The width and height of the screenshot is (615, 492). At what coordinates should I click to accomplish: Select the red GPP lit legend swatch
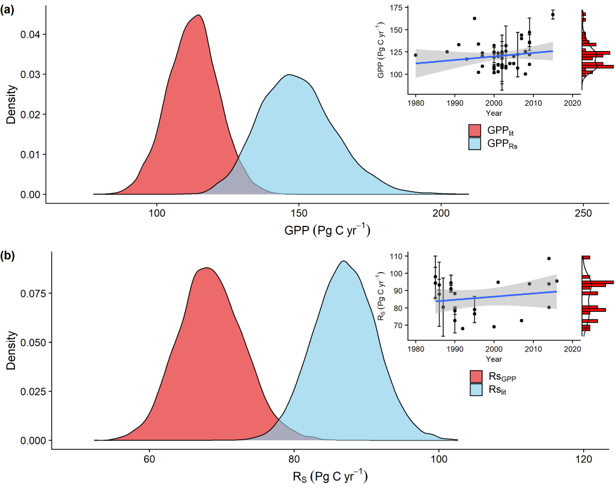(476, 130)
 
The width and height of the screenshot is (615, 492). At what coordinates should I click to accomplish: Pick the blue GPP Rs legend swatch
(476, 143)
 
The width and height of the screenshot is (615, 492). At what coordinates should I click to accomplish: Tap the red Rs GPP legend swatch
(476, 377)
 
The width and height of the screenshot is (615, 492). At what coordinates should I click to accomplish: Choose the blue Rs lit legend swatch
(476, 389)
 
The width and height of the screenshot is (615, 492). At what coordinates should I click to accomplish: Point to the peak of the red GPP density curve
(198, 15)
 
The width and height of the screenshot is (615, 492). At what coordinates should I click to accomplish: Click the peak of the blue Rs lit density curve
(344, 261)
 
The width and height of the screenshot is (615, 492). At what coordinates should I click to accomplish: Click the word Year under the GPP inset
(494, 112)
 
